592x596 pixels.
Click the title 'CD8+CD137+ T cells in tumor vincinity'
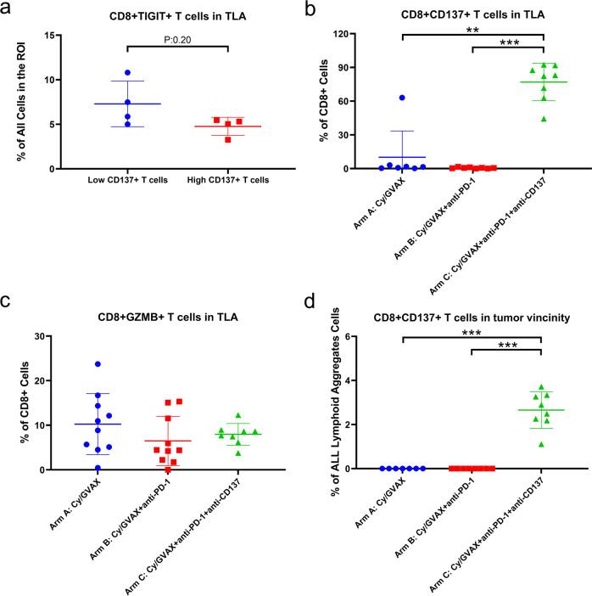pos(472,318)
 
